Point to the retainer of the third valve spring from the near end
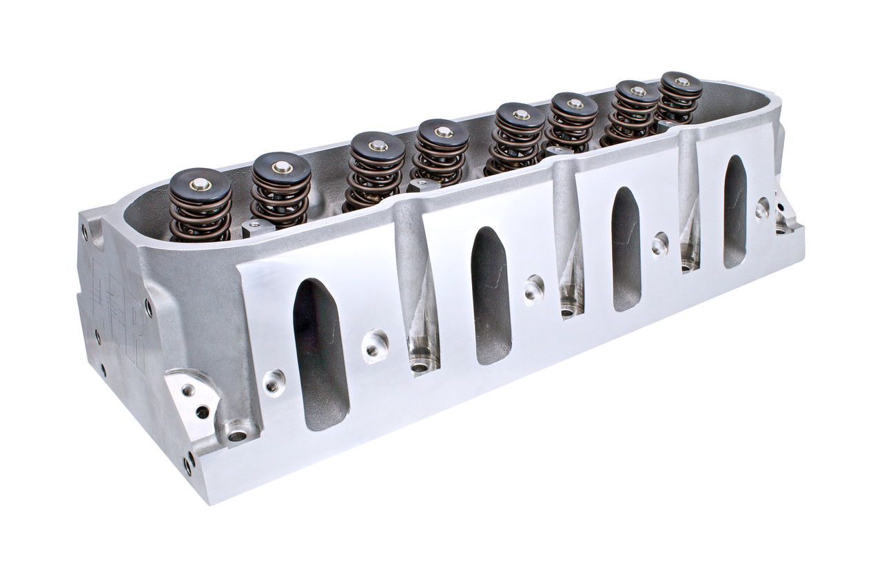(x=376, y=145)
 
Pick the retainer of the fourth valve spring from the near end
(x=443, y=134)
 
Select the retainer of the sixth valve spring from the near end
(x=574, y=105)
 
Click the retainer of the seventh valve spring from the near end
(x=637, y=92)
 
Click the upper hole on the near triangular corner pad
(x=187, y=389)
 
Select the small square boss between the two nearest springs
(x=252, y=227)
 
